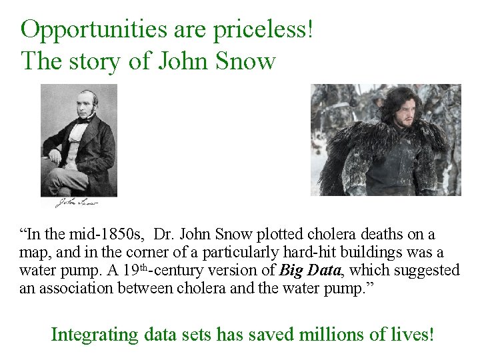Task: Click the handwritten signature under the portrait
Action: [76, 203]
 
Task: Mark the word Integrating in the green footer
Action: [93, 333]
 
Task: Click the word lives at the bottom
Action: [409, 333]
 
